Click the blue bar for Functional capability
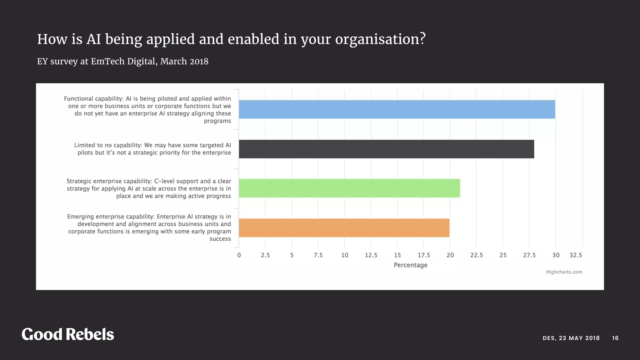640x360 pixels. [397, 109]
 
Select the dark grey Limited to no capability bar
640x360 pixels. [386, 149]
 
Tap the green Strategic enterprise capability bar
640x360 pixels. [349, 188]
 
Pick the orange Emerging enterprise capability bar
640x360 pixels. [344, 228]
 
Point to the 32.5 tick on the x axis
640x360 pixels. [576, 255]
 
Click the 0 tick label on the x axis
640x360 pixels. [239, 255]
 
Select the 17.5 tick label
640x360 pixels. [424, 255]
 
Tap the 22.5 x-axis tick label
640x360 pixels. [476, 255]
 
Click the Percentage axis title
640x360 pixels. [410, 265]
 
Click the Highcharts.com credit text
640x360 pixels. [564, 272]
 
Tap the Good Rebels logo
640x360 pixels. [68, 334]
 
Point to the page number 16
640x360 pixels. [615, 338]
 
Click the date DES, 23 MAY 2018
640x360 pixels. [571, 338]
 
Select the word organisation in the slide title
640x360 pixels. [380, 39]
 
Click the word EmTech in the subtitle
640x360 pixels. [107, 61]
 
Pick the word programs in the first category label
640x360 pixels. [217, 121]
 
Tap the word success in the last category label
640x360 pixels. [220, 239]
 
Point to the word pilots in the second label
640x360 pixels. [85, 152]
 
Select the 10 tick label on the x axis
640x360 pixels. [344, 255]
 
